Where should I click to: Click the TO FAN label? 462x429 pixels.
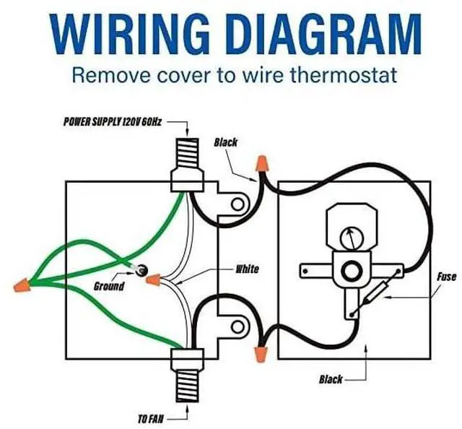pos(151,417)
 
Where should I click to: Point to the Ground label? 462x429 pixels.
pos(109,286)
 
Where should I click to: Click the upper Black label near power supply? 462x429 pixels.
pos(225,142)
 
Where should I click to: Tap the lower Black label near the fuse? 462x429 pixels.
pos(331,378)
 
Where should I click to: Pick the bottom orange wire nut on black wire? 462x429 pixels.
pos(258,352)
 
